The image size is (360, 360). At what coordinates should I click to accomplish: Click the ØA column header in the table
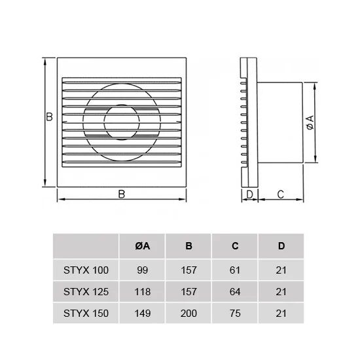point(142,246)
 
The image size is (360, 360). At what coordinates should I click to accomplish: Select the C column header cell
point(235,246)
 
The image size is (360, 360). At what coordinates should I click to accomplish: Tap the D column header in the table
point(281,246)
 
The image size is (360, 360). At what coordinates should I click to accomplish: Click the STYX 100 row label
point(86,270)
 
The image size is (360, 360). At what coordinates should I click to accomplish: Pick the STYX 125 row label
point(86,292)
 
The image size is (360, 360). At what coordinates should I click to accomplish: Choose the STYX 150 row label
point(86,314)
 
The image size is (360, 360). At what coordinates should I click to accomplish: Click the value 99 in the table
point(142,270)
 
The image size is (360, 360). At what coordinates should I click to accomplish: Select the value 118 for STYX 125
point(142,292)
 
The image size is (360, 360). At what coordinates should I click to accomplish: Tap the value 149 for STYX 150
point(142,314)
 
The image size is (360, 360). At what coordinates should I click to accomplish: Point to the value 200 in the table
point(189,314)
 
